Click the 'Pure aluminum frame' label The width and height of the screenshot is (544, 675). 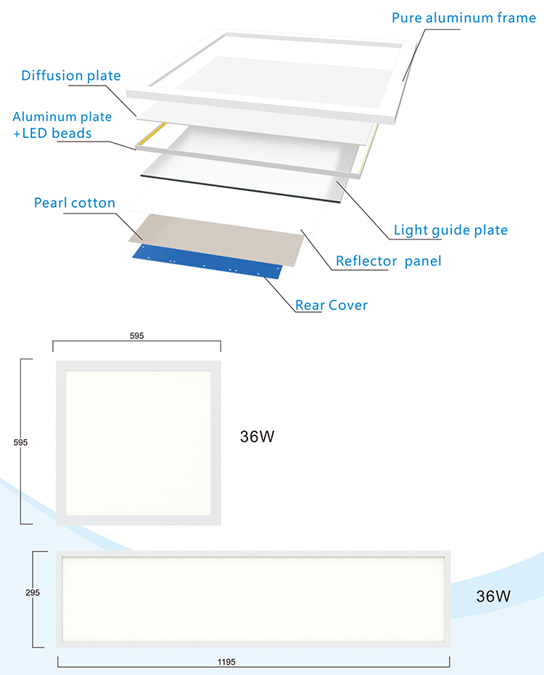click(464, 17)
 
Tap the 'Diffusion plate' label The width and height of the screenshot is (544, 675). click(71, 76)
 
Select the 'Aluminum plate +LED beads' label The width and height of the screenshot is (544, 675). click(62, 125)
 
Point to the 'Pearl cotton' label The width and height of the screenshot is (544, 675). click(75, 202)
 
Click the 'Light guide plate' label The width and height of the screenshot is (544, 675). click(450, 231)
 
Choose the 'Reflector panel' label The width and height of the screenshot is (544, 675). click(388, 261)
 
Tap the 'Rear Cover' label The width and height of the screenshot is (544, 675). click(331, 305)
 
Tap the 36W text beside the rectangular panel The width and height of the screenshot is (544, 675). click(493, 597)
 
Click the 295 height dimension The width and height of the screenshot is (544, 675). click(22, 593)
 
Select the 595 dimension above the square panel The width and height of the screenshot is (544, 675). click(137, 335)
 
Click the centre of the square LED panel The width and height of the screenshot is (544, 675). click(138, 441)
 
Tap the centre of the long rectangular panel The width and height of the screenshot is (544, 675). click(253, 599)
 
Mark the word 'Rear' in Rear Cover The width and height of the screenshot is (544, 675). click(310, 305)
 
